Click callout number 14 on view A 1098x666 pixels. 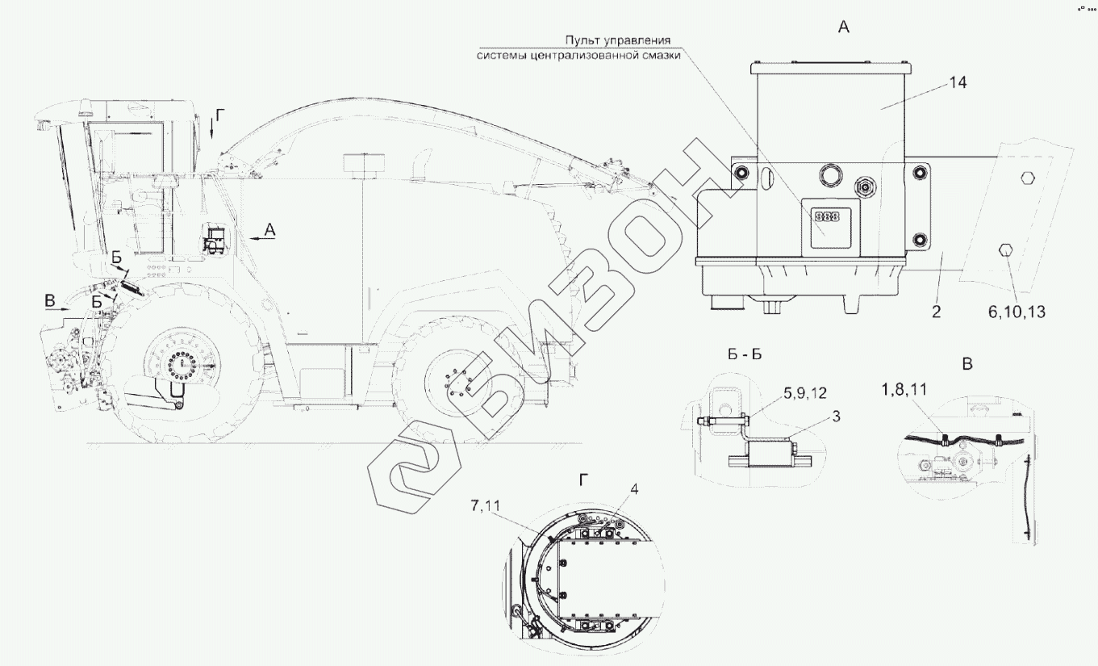point(958,83)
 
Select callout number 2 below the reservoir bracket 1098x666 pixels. point(936,312)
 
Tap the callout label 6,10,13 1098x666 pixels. point(1017,312)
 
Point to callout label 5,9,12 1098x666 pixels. point(805,393)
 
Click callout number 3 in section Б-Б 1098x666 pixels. point(837,417)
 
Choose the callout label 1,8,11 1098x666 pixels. point(904,389)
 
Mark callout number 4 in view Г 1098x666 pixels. point(634,489)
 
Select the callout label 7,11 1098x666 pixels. point(486,505)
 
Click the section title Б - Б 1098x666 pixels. point(745,354)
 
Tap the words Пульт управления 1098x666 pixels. point(618,40)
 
